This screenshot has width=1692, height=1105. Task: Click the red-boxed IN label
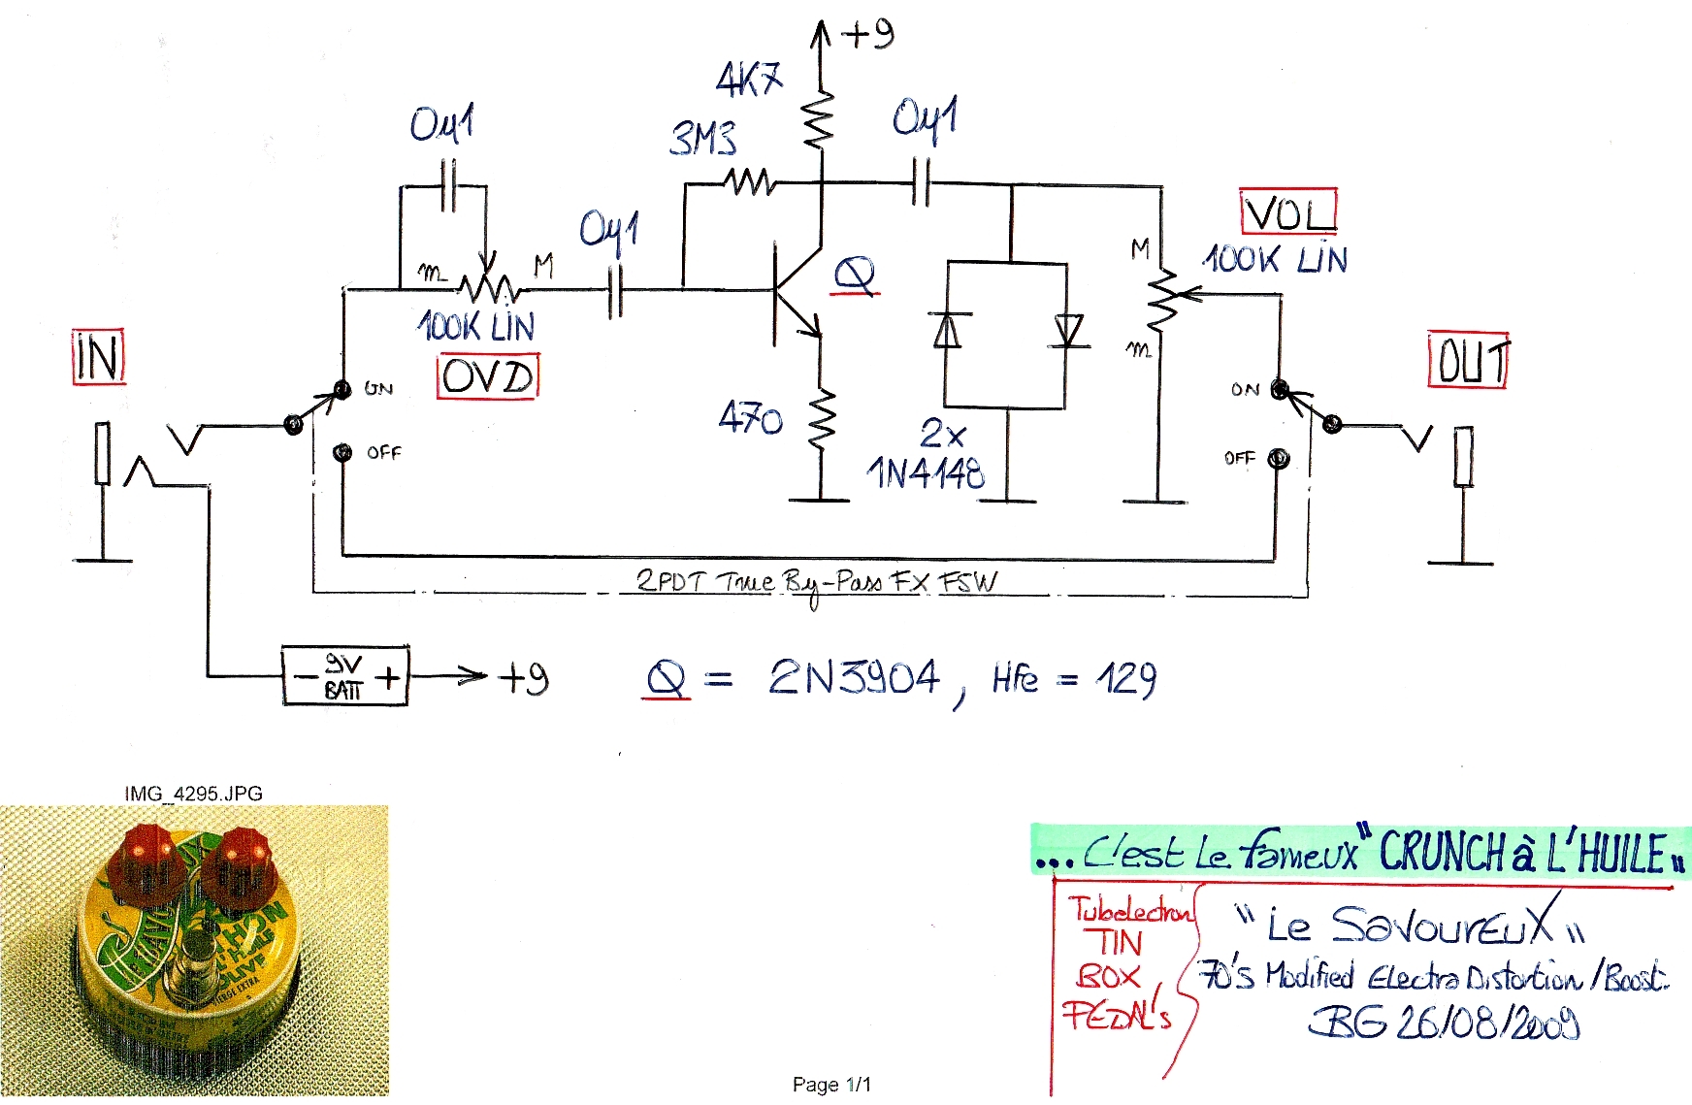tap(98, 357)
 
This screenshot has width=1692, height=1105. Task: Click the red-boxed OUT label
tap(1468, 360)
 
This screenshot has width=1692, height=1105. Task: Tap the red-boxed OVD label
tap(487, 376)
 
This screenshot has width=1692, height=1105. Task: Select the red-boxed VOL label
tap(1288, 212)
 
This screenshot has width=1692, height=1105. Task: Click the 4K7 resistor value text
tap(749, 79)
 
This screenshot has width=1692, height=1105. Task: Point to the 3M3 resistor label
tap(703, 139)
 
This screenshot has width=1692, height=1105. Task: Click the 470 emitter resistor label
tap(750, 418)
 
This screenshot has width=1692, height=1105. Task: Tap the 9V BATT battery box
tap(345, 676)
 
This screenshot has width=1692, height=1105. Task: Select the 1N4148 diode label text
tap(926, 473)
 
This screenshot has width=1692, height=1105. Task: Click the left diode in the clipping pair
tap(947, 331)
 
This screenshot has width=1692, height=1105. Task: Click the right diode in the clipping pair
tap(1068, 331)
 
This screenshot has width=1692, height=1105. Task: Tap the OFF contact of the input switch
tap(342, 453)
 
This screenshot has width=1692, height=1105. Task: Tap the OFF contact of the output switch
tap(1279, 458)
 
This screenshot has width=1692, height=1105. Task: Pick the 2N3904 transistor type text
tap(854, 677)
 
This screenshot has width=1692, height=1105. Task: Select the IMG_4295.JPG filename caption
tap(193, 794)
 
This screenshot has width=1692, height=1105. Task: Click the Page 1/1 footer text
tap(831, 1084)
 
